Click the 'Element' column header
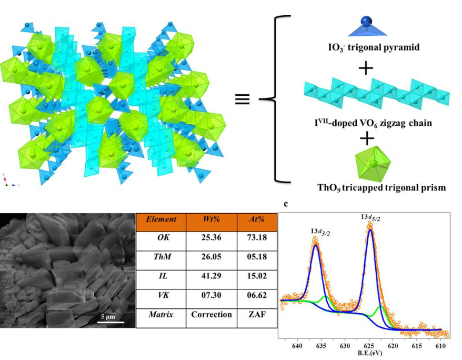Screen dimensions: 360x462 pyautogui.click(x=161, y=219)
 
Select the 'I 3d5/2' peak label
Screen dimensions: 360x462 pyautogui.click(x=370, y=217)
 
